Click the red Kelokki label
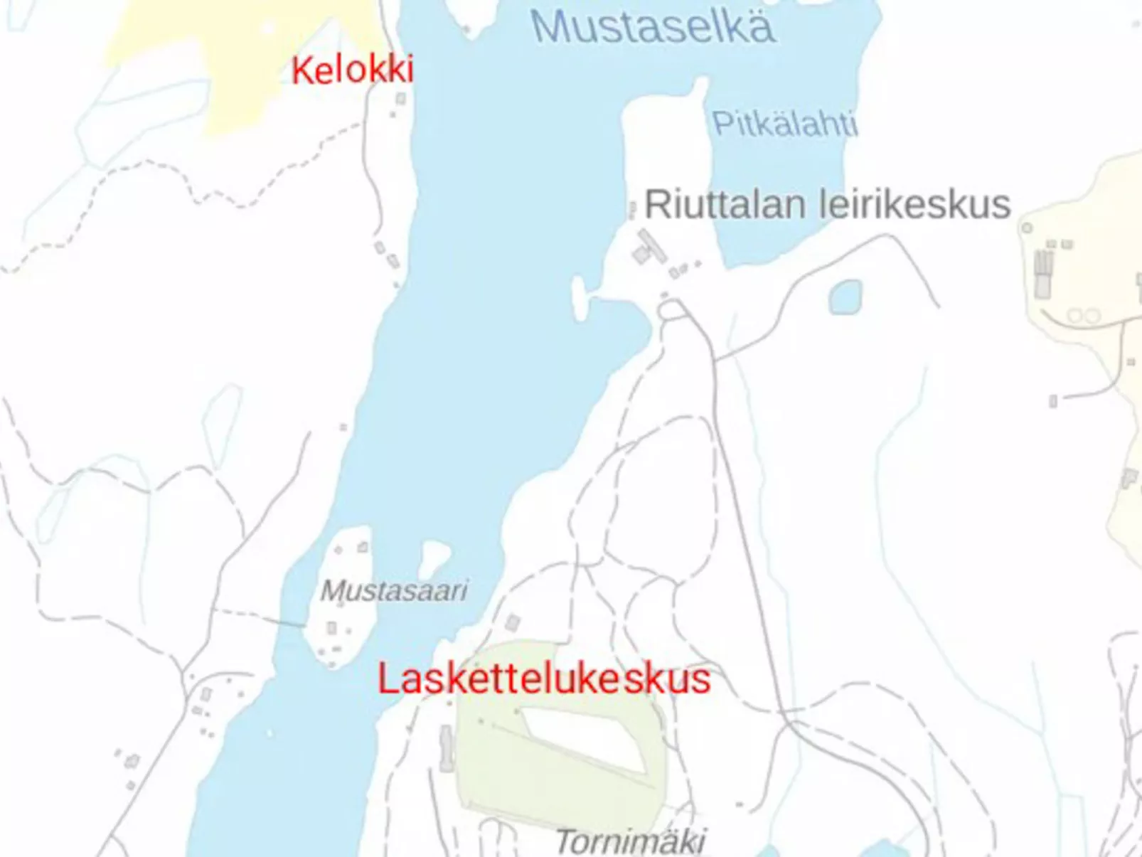click(x=352, y=70)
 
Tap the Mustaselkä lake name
click(x=652, y=27)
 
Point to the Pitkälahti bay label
click(x=784, y=124)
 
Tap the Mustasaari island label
click(x=394, y=590)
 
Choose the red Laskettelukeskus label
click(x=543, y=678)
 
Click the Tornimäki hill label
click(x=630, y=842)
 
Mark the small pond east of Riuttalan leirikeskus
click(x=845, y=297)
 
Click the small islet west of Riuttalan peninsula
click(x=580, y=299)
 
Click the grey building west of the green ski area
click(x=446, y=747)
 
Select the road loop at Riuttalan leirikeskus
click(x=672, y=311)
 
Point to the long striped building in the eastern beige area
click(x=1043, y=274)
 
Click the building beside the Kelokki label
click(x=401, y=99)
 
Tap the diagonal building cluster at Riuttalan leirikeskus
click(x=649, y=247)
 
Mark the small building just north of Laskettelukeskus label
click(x=512, y=624)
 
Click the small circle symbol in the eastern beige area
click(x=1027, y=228)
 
